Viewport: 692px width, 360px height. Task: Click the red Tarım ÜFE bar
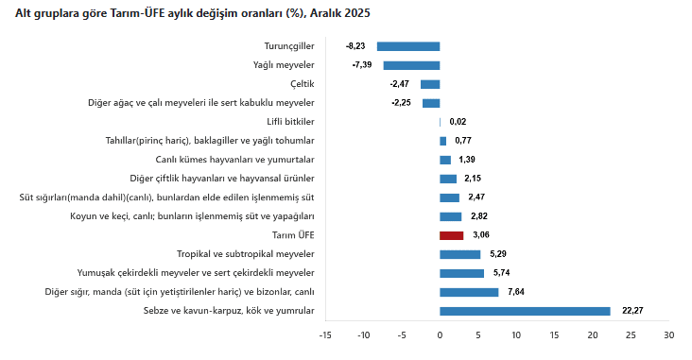[451, 235]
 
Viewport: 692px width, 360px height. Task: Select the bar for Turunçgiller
[408, 46]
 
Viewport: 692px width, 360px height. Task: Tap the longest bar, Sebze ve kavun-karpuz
[525, 311]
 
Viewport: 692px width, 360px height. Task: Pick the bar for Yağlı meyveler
[411, 65]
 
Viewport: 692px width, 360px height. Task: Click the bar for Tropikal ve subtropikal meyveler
[459, 254]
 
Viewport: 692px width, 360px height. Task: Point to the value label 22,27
[631, 311]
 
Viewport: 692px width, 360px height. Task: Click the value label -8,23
[355, 46]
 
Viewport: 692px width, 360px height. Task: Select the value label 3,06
[481, 235]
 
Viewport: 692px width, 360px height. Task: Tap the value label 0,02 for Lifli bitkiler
[458, 122]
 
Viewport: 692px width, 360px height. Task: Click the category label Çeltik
[303, 84]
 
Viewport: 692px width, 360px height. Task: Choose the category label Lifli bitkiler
[291, 122]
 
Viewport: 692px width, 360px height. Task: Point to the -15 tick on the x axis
[325, 335]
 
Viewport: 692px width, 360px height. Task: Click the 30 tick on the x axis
[668, 335]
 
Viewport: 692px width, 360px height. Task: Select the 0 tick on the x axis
[440, 335]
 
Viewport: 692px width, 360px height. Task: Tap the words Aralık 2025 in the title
[337, 13]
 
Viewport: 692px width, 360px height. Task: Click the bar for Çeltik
[430, 84]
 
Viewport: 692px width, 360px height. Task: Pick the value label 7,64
[516, 292]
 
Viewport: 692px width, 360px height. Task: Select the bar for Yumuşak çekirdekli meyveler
[461, 273]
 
